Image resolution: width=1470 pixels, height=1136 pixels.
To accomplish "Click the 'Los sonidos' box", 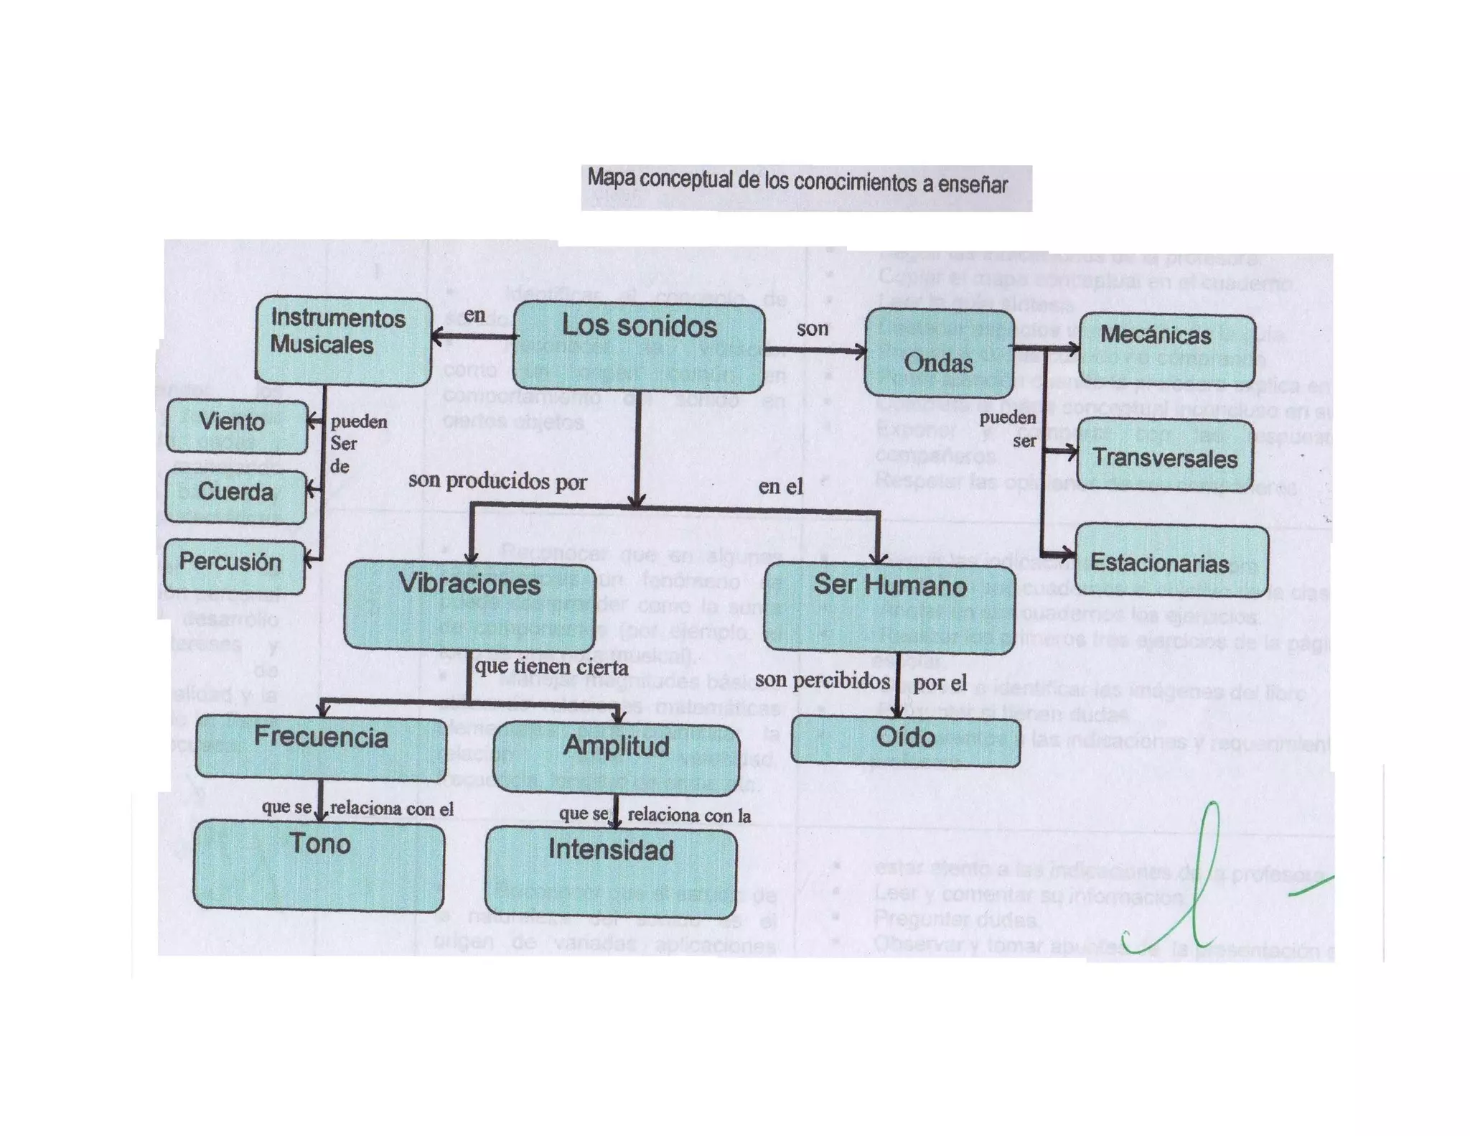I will click(x=640, y=348).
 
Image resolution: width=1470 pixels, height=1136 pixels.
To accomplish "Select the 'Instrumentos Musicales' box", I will click(x=343, y=340).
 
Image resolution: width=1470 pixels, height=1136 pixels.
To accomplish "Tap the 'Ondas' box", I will click(x=939, y=353).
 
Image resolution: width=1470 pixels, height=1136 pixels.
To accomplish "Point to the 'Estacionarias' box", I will click(x=1171, y=561).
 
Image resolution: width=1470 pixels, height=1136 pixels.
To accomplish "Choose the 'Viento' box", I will click(x=237, y=424).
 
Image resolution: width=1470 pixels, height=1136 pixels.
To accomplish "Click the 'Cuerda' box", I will click(x=235, y=495).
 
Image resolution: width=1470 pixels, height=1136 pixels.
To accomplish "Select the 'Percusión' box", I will click(x=234, y=565).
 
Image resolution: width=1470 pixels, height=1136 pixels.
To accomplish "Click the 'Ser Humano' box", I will click(x=890, y=607).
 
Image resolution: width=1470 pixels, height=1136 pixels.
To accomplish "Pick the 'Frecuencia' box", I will click(x=320, y=747).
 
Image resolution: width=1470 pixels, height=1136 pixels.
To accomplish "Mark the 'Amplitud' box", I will click(x=617, y=758).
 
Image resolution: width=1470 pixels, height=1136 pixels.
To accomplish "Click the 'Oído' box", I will click(x=905, y=740).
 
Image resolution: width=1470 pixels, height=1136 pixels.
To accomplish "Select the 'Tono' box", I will click(x=319, y=865).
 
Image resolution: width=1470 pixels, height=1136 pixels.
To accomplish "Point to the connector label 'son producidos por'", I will click(x=497, y=481).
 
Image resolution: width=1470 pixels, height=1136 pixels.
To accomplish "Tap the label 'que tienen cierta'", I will click(x=551, y=667).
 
